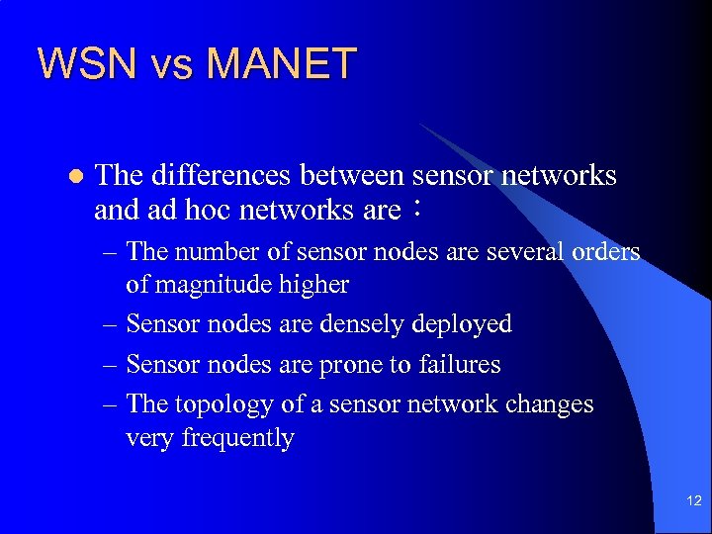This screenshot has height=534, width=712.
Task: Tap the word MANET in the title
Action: pos(282,64)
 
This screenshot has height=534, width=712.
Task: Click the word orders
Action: pos(606,251)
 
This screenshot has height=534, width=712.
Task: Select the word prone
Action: pos(351,365)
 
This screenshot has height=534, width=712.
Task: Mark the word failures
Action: pos(459,364)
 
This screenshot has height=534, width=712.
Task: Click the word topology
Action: pos(219,404)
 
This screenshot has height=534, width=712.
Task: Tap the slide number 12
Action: pos(691,503)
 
